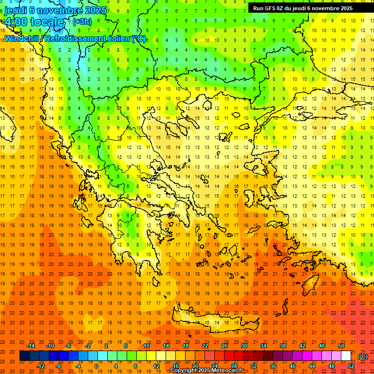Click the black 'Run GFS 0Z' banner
point(307,8)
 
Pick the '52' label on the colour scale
point(351,366)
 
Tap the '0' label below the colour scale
point(96,366)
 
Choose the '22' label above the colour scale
point(205,346)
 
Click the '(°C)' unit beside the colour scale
point(363,356)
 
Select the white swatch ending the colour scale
point(346,356)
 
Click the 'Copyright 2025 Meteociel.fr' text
point(206,371)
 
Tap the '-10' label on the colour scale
point(51,346)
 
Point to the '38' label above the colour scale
point(283,346)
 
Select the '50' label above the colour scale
point(341,346)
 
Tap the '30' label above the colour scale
point(244,346)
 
